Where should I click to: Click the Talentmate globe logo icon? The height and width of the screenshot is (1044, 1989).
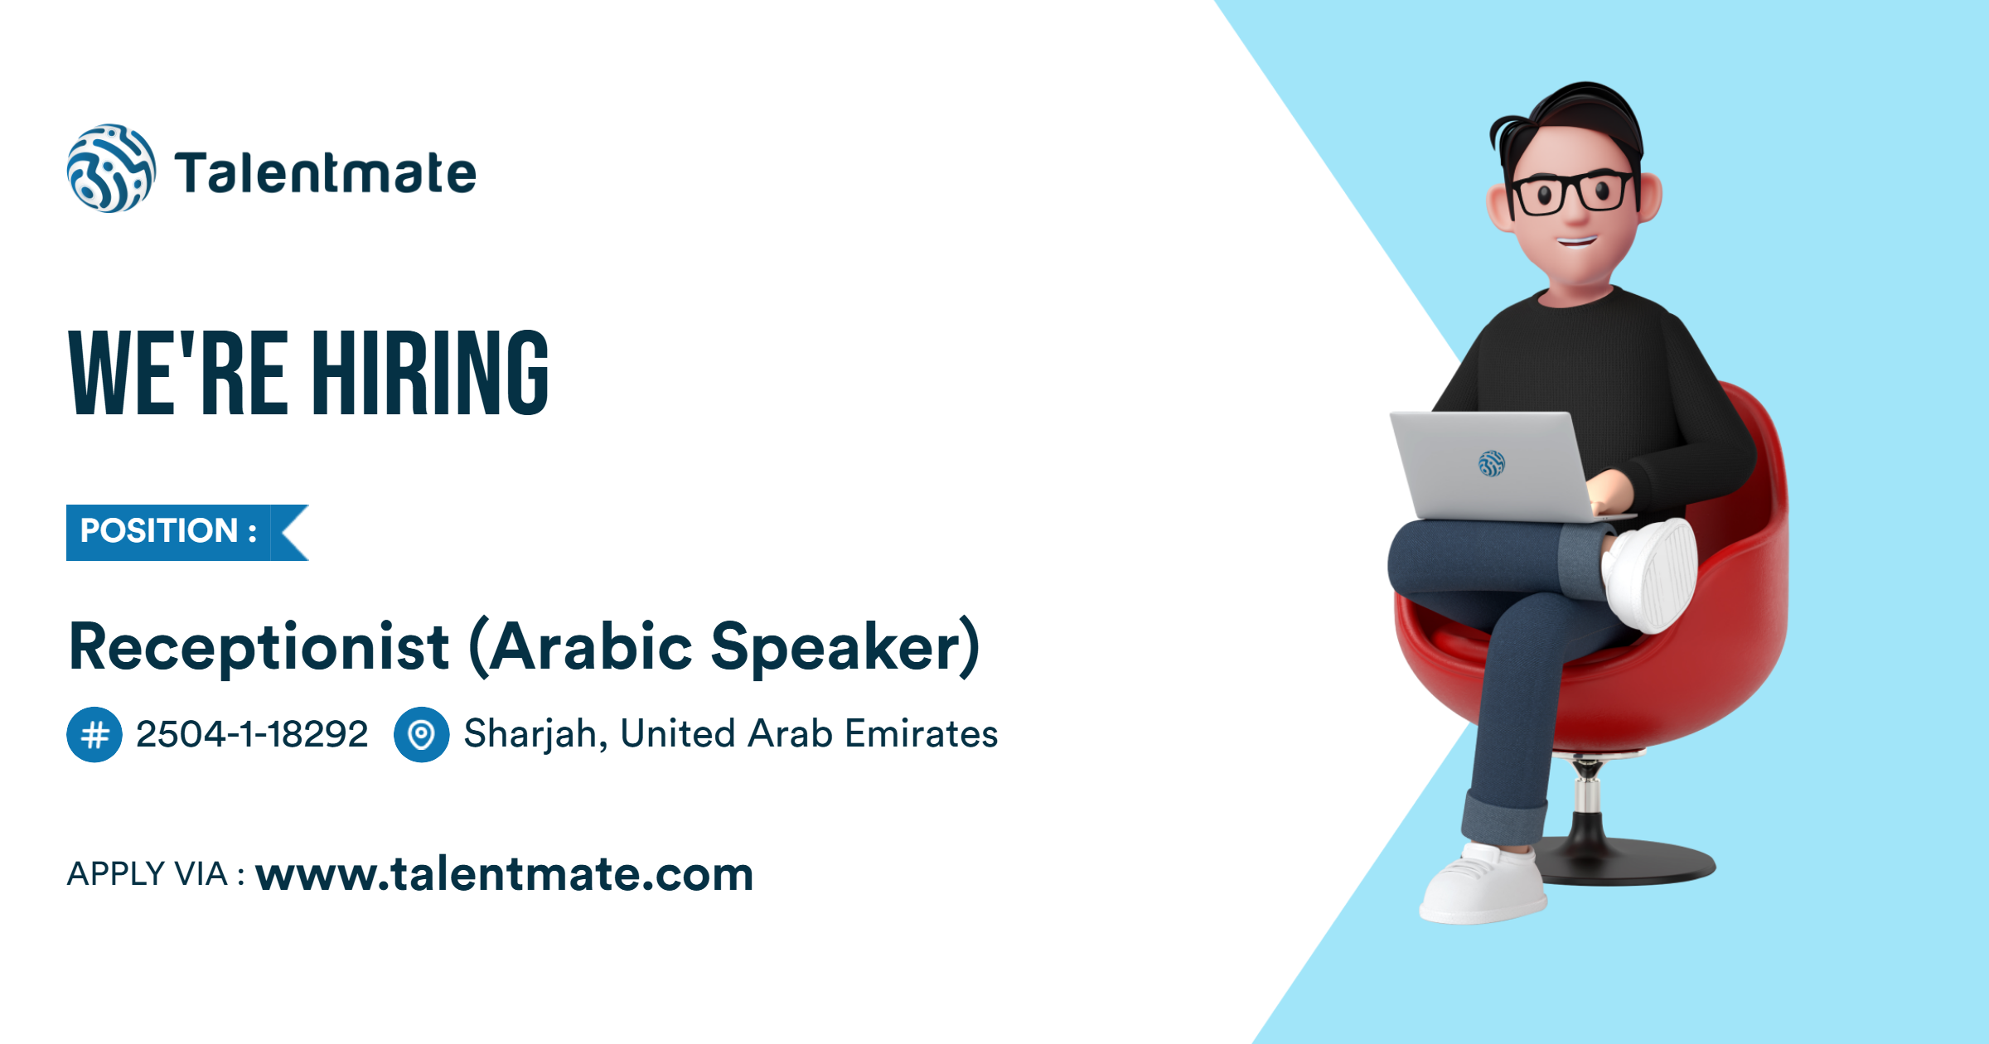[x=110, y=169]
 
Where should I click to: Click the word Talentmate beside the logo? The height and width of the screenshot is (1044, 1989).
[x=326, y=173]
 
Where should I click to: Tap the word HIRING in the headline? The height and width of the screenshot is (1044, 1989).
[x=430, y=372]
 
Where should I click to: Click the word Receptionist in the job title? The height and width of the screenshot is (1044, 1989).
[x=259, y=647]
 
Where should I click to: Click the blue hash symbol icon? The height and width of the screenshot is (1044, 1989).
[x=94, y=734]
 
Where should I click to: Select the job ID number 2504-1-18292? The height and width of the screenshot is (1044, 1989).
[x=252, y=734]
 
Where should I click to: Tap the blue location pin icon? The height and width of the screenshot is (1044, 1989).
[x=421, y=734]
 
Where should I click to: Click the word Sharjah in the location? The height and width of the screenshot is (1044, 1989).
[x=530, y=734]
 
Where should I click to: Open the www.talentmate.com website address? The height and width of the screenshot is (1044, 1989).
[x=505, y=874]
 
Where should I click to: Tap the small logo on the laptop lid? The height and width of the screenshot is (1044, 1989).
[x=1491, y=464]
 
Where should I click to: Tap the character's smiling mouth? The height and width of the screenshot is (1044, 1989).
[x=1575, y=243]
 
